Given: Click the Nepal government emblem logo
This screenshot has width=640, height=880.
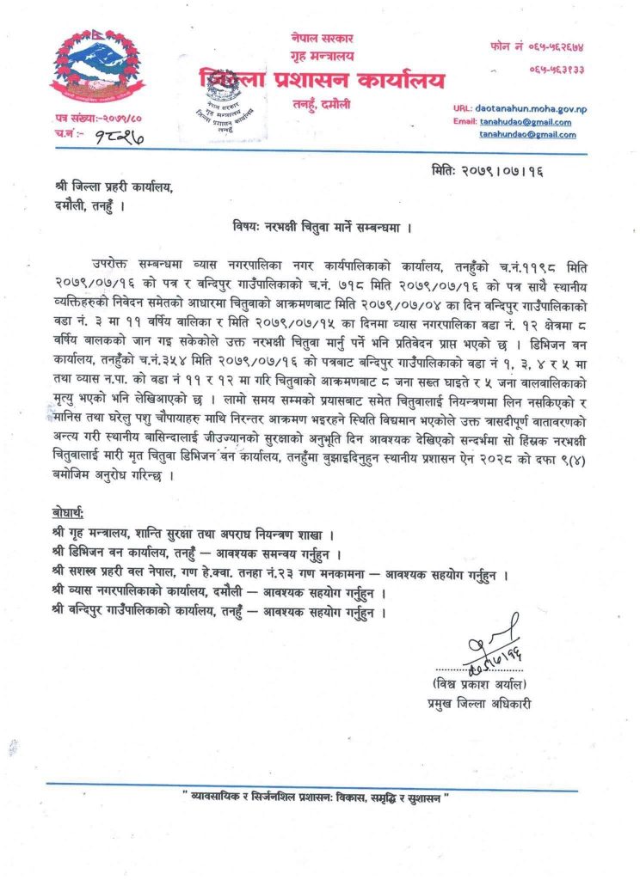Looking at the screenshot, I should tap(96, 69).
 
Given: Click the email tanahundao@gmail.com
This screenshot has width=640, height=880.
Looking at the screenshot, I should tap(526, 135).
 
